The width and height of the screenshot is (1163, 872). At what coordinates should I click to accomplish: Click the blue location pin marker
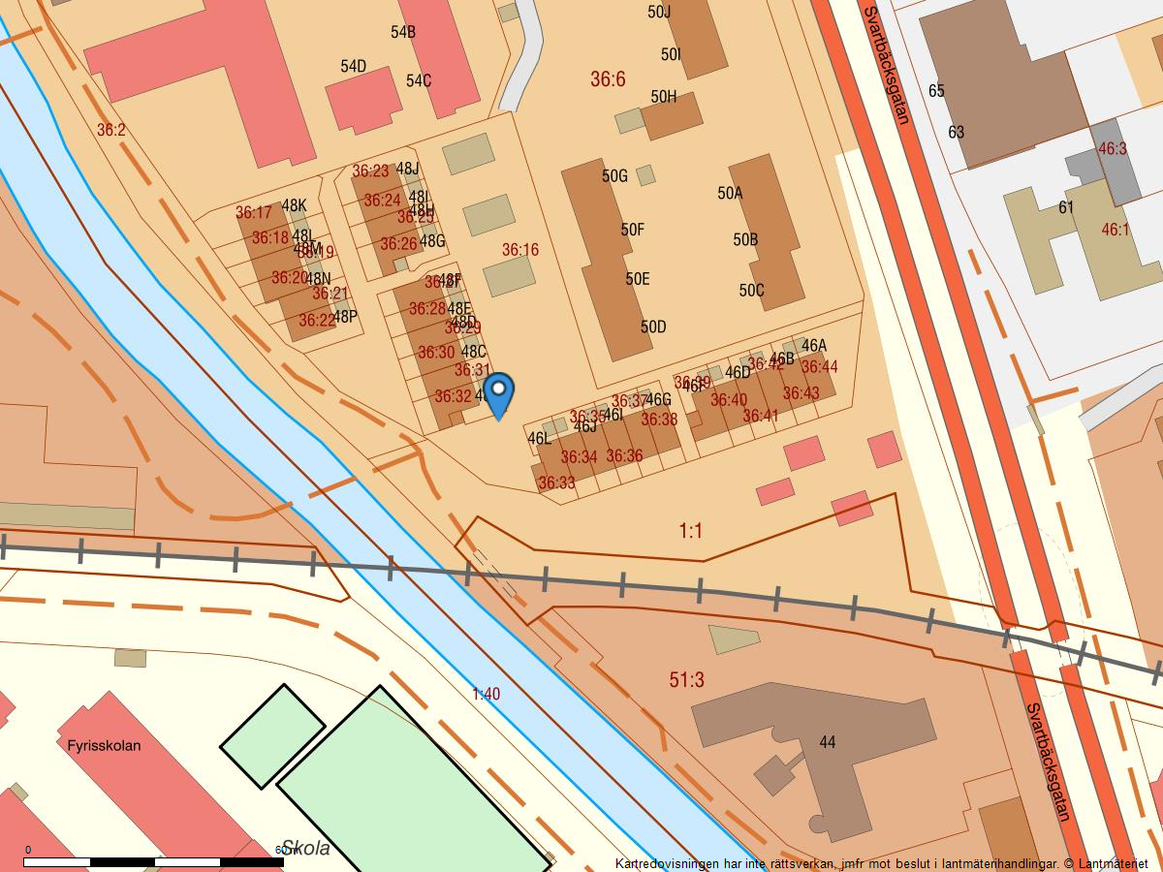coord(498,393)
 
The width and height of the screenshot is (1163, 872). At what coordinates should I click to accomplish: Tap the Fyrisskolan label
coord(104,746)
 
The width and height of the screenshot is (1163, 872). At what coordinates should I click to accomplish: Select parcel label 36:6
coord(608,79)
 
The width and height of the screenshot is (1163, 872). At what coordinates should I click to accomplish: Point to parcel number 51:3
coord(686,680)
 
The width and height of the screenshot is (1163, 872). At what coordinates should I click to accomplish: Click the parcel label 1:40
coord(486,694)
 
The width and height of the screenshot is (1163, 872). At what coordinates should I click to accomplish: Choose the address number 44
coord(827,742)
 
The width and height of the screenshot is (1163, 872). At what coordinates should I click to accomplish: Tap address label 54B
coord(403,32)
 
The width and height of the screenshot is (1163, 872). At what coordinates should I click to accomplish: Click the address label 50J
coord(659,12)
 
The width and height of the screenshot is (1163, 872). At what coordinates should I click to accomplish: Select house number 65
coord(936,91)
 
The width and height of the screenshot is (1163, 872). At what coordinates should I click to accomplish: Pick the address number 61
coord(1066,207)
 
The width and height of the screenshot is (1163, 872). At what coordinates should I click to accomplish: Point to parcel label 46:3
coord(1113,149)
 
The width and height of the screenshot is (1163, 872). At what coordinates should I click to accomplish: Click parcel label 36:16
coord(520,250)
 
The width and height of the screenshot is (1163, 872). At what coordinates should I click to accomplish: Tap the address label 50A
coord(730,193)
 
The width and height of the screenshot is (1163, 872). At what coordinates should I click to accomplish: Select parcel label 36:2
coord(111,129)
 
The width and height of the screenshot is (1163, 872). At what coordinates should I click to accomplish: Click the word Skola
coord(305,849)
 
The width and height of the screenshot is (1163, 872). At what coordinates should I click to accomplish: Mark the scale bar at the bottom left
coord(155,861)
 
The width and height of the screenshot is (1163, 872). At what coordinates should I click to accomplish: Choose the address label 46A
coord(814,346)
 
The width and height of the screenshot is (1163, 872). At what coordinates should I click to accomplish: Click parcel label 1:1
coord(690,531)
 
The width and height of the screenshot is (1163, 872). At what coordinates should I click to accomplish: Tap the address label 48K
coord(294,205)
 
